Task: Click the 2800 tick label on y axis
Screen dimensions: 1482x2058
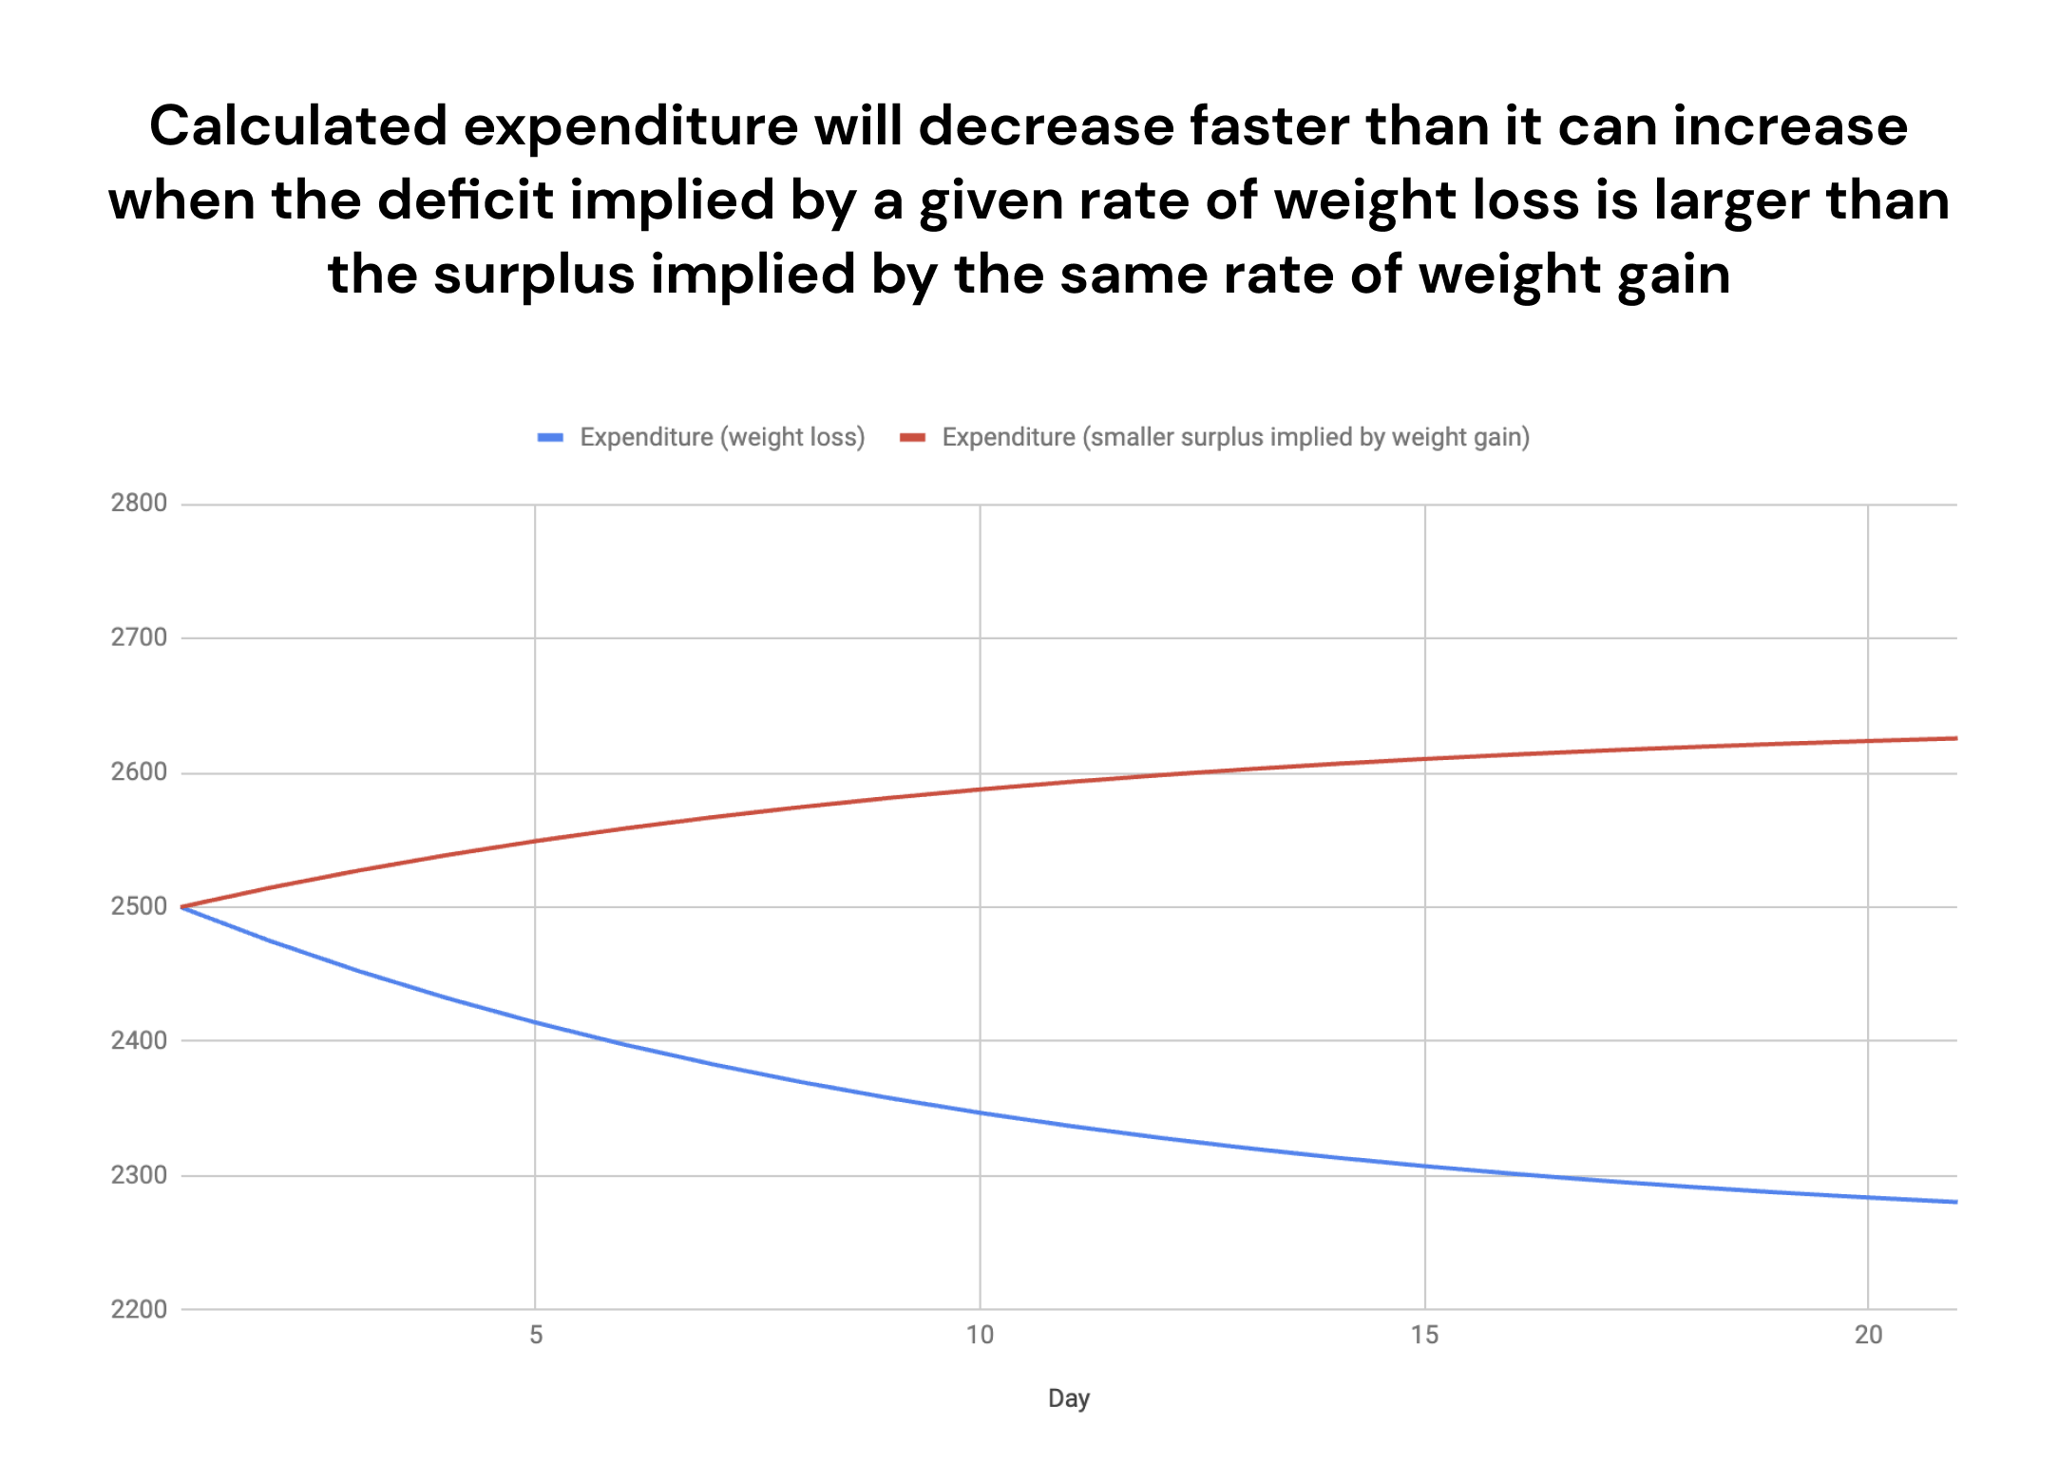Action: click(x=139, y=503)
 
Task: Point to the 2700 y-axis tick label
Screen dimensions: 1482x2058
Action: click(x=139, y=637)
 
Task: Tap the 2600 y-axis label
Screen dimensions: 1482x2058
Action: click(x=139, y=772)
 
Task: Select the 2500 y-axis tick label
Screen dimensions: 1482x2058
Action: click(x=139, y=906)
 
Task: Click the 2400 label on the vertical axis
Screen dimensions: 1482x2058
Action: click(x=139, y=1041)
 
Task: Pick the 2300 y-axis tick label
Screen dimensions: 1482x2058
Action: click(x=139, y=1175)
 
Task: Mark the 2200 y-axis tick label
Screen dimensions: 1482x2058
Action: click(x=139, y=1310)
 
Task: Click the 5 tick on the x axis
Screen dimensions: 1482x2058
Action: click(x=536, y=1336)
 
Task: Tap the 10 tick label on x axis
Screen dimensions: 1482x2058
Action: click(x=980, y=1336)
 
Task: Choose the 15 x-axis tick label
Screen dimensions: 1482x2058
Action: click(x=1424, y=1336)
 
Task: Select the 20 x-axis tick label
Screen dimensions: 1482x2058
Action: click(x=1868, y=1336)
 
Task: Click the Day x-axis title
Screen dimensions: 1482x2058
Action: click(x=1068, y=1398)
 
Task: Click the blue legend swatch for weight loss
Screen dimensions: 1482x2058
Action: click(x=551, y=438)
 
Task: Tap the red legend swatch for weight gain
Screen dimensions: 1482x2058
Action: click(x=912, y=438)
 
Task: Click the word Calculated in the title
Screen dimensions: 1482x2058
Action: click(x=297, y=126)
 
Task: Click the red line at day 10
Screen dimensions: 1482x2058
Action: click(x=980, y=788)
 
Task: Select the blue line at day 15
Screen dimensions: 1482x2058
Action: click(x=1424, y=1166)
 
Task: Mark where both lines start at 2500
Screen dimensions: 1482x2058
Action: click(x=182, y=907)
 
